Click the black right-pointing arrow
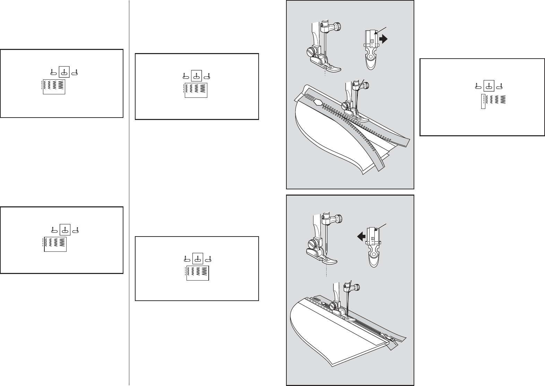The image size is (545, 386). pos(383,40)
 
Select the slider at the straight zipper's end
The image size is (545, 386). pos(386,336)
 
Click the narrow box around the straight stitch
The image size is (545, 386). pos(483,102)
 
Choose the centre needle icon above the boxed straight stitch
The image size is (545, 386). pos(489,85)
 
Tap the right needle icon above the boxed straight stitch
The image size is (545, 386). pos(500,86)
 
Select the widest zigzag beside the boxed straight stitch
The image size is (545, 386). pos(503,100)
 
